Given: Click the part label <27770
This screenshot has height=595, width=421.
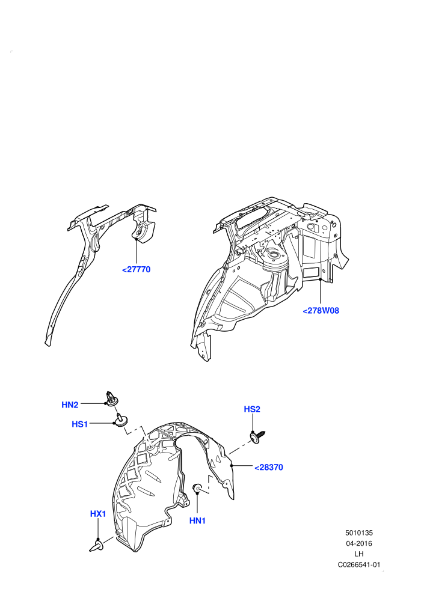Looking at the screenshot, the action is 137,269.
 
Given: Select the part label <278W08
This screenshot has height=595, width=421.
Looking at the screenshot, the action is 321,310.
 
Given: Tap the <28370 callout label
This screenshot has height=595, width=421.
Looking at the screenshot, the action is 269,467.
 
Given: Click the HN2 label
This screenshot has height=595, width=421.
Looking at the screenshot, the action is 70,405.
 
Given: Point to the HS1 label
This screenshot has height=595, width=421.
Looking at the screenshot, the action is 80,424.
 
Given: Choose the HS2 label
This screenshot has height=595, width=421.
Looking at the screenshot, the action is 252,409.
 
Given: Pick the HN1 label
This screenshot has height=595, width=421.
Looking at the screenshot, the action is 197,520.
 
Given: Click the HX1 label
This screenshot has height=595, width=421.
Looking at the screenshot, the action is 98,513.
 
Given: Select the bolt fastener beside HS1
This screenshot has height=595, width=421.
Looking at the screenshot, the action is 121,420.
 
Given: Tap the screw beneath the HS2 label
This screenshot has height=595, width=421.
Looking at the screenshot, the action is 257,437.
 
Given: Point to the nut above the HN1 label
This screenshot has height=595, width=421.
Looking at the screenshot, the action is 198,489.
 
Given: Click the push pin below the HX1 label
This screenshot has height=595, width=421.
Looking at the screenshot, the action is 96,546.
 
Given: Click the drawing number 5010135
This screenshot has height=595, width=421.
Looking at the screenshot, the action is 359,532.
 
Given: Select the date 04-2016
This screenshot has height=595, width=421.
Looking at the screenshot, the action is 359,543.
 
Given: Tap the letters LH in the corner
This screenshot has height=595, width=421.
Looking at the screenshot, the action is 359,554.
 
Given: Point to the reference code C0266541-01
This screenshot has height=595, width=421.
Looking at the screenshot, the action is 359,564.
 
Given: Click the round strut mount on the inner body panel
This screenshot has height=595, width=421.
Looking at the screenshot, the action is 274,259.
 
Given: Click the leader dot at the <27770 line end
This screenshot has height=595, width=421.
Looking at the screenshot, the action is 136,239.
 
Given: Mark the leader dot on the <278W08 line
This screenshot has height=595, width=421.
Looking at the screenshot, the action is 321,279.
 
